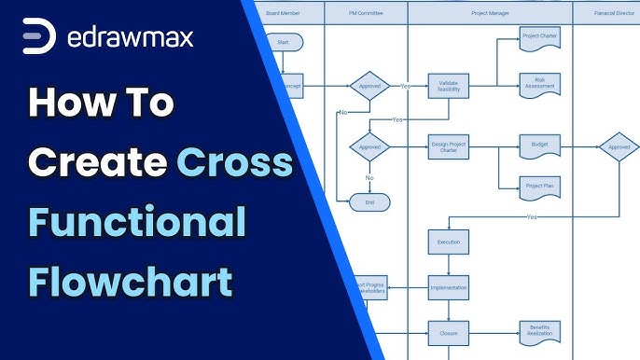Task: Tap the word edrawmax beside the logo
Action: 132,38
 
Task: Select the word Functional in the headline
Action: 137,222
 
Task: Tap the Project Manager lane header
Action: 490,13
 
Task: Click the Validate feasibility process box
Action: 447,86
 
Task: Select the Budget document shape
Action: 539,145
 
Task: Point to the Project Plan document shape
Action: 539,187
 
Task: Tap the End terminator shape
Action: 369,201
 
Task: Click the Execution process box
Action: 448,242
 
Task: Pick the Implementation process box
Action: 448,288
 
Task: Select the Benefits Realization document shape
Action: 539,332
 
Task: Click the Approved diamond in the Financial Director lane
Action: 619,146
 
